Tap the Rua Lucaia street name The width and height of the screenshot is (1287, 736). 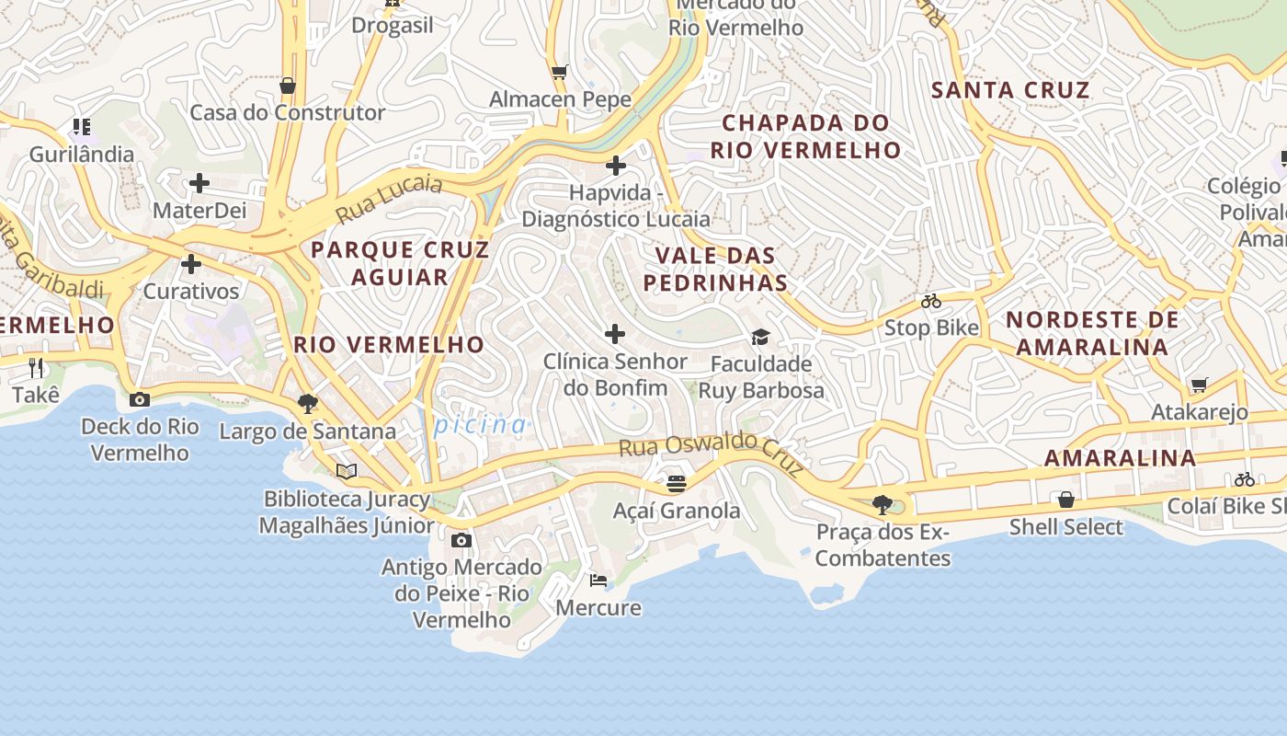click(389, 200)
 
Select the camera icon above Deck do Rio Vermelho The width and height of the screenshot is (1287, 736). click(140, 399)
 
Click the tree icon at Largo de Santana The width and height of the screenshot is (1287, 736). click(308, 403)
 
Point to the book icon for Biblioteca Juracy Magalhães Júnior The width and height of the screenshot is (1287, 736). click(347, 472)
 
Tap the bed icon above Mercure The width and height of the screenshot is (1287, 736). click(598, 581)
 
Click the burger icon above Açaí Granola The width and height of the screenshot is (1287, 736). click(677, 483)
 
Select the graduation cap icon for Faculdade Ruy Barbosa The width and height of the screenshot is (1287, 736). click(760, 337)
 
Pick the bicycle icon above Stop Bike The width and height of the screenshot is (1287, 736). click(931, 301)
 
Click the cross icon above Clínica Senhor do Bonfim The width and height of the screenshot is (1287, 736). click(615, 333)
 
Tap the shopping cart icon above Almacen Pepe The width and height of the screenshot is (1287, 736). click(559, 72)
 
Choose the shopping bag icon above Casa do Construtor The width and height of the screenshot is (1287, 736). click(288, 86)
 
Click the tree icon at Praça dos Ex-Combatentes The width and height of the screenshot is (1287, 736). click(883, 504)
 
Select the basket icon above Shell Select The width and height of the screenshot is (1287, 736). click(1066, 500)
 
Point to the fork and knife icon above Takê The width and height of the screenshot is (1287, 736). click(36, 368)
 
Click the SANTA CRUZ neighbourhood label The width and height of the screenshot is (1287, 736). click(1010, 90)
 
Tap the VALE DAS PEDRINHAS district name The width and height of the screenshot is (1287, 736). click(715, 269)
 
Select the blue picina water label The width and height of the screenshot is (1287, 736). click(481, 425)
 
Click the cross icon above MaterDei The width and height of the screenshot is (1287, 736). click(199, 183)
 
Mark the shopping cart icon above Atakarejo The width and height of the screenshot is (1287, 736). click(1199, 385)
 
